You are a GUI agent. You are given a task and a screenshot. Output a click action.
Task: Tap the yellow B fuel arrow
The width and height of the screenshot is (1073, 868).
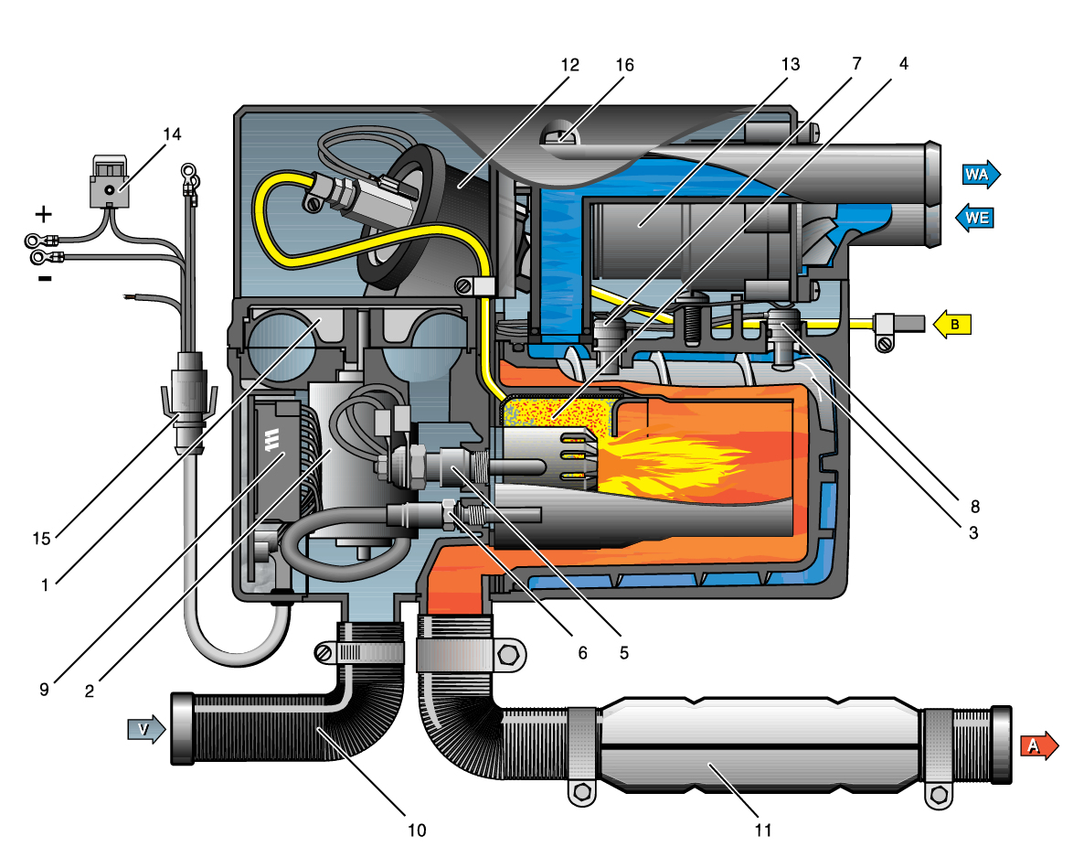(x=950, y=323)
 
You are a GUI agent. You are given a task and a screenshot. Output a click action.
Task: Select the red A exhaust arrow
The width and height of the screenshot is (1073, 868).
(x=1037, y=745)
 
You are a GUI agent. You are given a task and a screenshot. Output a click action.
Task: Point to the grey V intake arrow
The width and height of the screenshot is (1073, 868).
(x=146, y=729)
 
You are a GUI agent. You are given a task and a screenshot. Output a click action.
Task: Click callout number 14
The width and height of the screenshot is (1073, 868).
(x=172, y=134)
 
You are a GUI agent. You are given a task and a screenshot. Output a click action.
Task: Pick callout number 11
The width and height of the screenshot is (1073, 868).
(x=764, y=830)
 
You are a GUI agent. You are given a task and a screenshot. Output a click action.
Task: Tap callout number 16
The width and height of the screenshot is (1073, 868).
(x=625, y=65)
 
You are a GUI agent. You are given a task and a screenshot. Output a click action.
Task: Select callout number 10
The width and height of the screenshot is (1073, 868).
(x=417, y=830)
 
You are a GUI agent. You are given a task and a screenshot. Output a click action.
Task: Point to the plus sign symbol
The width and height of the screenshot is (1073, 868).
(x=43, y=215)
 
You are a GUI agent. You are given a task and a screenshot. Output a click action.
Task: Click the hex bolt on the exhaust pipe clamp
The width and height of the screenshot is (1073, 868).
(x=509, y=655)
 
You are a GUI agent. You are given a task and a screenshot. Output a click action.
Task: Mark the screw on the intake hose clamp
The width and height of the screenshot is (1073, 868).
(x=324, y=653)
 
